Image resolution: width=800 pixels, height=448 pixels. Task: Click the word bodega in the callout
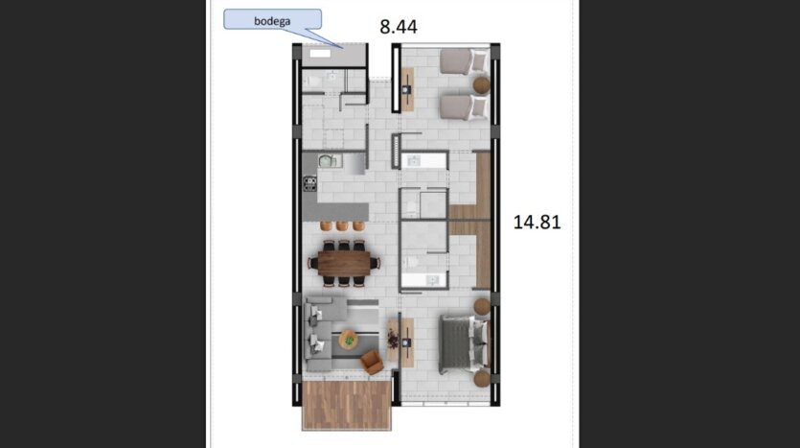point(272,21)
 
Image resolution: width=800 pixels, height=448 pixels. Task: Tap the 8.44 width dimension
point(399,27)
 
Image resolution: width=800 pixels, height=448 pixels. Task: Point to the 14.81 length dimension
point(537,223)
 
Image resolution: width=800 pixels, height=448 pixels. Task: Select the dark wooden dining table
point(344,263)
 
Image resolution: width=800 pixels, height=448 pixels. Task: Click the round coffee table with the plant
point(349,339)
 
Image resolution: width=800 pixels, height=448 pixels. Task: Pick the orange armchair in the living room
point(372,363)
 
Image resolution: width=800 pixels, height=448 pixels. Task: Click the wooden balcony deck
point(347,405)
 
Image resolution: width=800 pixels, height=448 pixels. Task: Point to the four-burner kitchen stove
point(309,184)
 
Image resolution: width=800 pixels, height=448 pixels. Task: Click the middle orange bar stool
point(342,225)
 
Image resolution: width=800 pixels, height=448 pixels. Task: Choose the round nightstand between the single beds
point(481,84)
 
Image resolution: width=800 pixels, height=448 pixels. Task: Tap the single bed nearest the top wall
point(464,61)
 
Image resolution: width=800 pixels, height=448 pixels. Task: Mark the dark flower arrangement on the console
point(393,339)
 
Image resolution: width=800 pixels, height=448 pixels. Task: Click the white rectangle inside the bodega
point(320,53)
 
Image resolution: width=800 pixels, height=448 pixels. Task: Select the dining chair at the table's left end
point(312,264)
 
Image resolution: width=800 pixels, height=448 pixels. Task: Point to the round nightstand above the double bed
point(482,306)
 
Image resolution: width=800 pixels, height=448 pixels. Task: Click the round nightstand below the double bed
point(482,379)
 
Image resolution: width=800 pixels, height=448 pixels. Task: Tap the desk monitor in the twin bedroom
point(406,89)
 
